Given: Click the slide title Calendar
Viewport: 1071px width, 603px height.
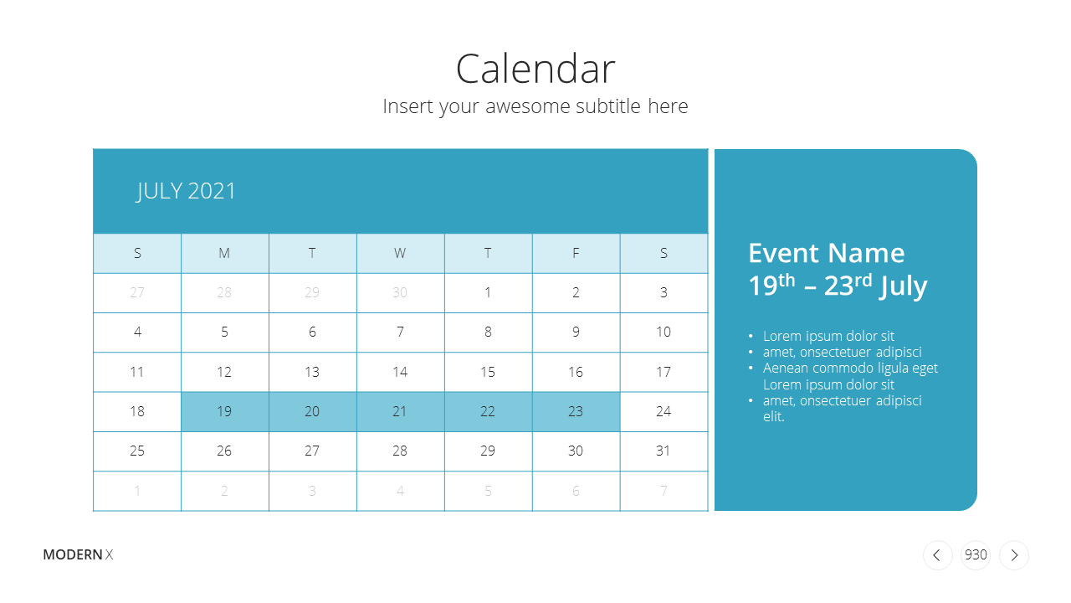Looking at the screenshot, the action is point(535,69).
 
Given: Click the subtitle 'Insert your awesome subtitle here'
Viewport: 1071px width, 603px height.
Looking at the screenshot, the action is point(535,106).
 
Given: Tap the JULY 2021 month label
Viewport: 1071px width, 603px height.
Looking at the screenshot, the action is point(186,192).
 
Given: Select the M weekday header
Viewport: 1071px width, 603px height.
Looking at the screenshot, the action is point(225,253).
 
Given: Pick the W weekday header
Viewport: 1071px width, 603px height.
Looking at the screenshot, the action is point(400,253).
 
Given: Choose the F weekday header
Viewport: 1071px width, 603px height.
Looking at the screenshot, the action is point(576,253).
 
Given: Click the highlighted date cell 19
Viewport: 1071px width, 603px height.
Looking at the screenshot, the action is point(225,411).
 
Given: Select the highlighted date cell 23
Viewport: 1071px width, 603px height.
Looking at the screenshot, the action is point(576,411).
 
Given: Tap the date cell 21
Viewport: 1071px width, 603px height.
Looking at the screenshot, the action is point(400,411).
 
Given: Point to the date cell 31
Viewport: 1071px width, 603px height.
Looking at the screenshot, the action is point(664,451).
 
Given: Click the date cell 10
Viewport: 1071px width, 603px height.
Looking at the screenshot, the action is point(664,332).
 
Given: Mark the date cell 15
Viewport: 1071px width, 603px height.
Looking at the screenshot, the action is point(488,372).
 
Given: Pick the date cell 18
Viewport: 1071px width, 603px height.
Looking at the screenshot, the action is point(137,411).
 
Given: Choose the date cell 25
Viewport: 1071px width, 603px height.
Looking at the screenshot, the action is point(137,451).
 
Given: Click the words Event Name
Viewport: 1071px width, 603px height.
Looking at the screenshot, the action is point(826,253).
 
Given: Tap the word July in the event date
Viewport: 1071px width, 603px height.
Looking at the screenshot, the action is point(903,286).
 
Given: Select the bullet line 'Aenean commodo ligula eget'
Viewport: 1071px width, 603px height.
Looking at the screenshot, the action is point(850,368).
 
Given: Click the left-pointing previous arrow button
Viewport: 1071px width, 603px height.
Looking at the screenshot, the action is point(938,555).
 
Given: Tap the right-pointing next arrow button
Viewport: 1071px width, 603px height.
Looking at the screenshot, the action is point(1014,555).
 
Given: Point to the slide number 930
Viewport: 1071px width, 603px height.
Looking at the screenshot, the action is point(976,554).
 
